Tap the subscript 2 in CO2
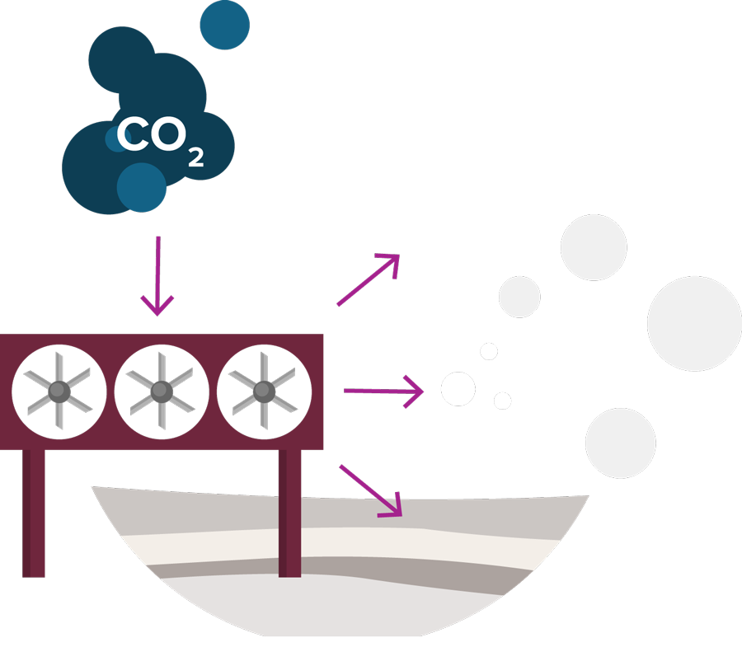pyautogui.click(x=195, y=157)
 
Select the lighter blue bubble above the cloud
pyautogui.click(x=224, y=24)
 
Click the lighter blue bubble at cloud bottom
pyautogui.click(x=141, y=187)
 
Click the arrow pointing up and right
pyautogui.click(x=369, y=280)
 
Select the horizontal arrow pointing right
pyautogui.click(x=383, y=391)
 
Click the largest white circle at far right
pyautogui.click(x=694, y=324)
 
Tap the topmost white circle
pyautogui.click(x=594, y=246)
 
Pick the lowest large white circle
pyautogui.click(x=620, y=443)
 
